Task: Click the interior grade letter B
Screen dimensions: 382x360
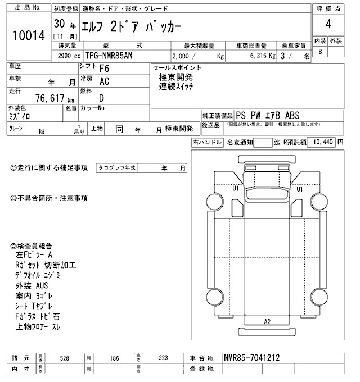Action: tap(320, 52)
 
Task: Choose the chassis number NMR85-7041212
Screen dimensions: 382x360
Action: tap(251, 358)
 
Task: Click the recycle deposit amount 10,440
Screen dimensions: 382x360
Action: tap(321, 143)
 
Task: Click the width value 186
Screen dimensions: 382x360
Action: tap(114, 358)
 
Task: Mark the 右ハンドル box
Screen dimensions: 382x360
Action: tap(207, 143)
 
